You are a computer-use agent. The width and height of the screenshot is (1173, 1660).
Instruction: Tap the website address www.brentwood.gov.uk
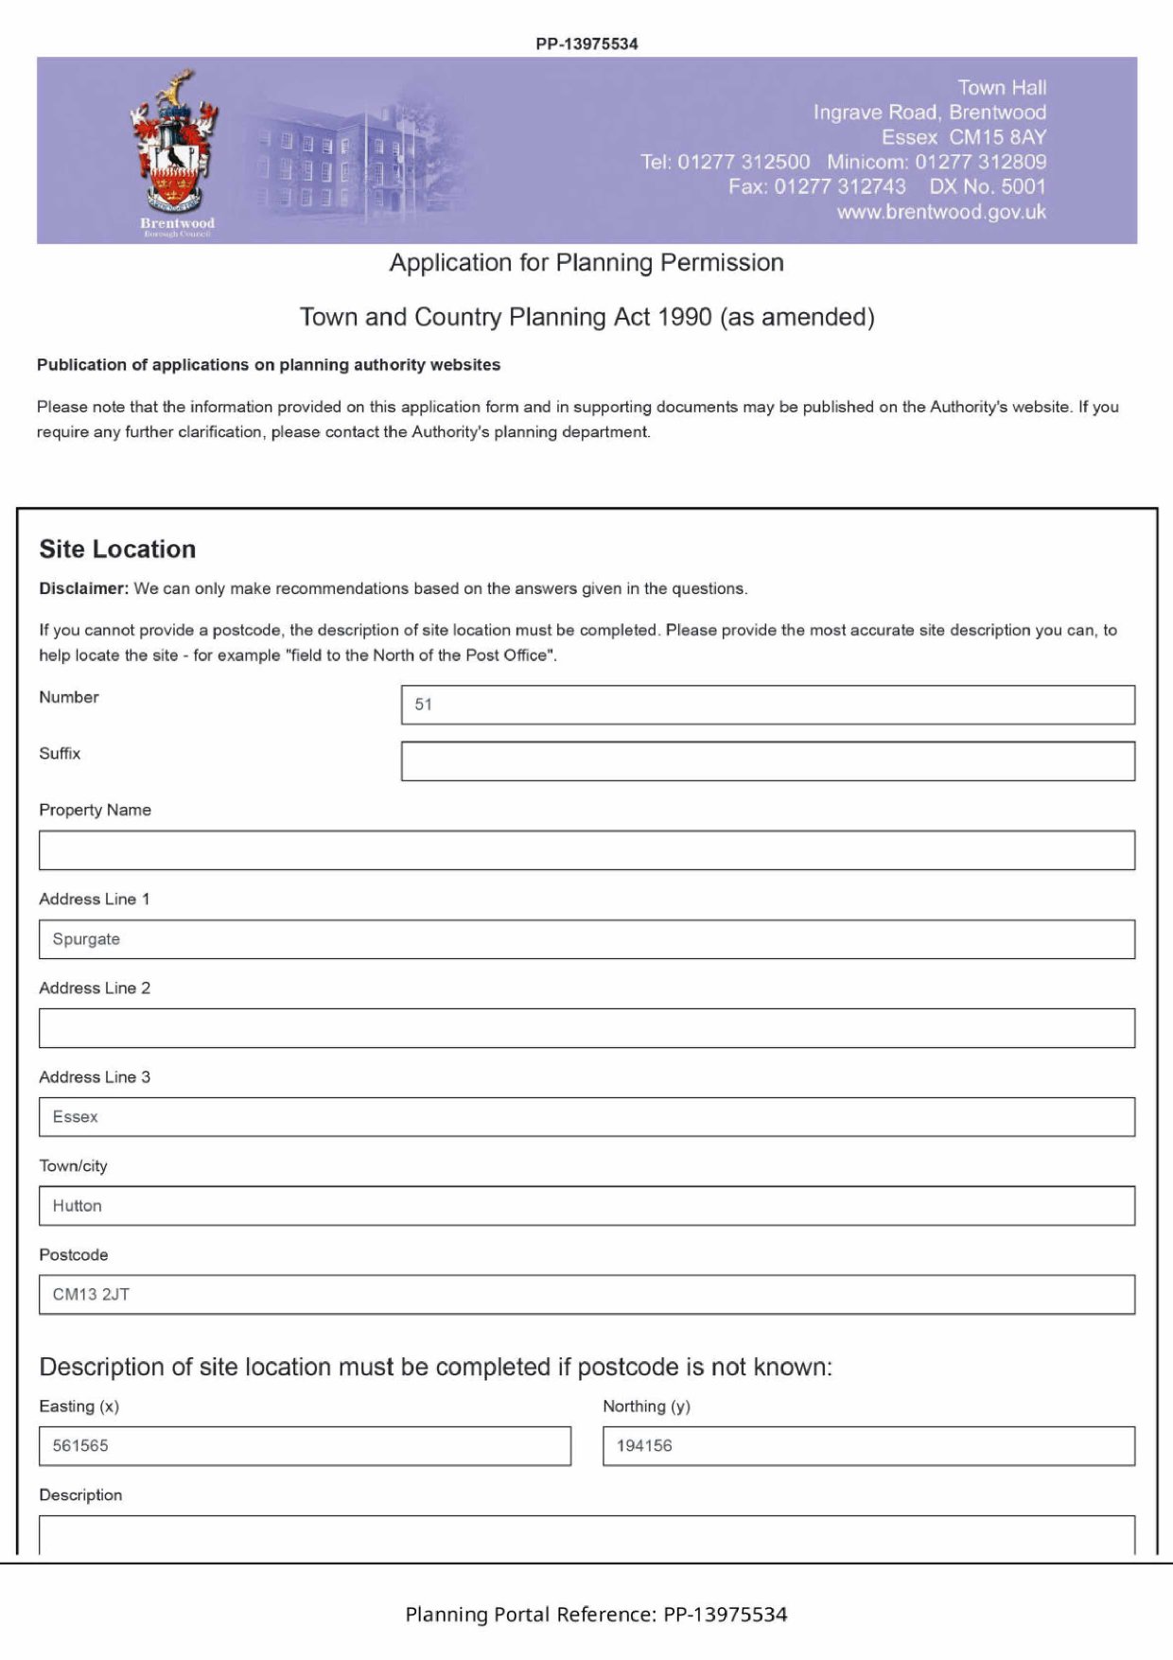point(941,212)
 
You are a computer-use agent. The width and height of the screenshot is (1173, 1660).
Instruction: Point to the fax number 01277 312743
point(840,186)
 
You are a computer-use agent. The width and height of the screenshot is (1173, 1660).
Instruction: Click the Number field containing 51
point(767,705)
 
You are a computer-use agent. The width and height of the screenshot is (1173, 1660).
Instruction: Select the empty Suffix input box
point(767,761)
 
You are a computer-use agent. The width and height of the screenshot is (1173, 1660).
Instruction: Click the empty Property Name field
point(586,850)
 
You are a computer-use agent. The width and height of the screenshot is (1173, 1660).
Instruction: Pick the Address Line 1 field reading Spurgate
point(586,939)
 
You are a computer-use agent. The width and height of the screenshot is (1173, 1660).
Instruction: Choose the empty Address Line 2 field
point(586,1028)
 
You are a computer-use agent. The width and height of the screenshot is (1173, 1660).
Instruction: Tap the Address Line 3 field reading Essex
point(586,1117)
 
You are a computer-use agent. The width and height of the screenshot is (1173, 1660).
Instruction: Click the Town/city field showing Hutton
point(586,1206)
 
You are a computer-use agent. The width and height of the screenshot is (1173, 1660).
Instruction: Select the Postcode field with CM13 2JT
point(586,1295)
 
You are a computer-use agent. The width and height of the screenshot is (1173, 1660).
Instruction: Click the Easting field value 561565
point(305,1446)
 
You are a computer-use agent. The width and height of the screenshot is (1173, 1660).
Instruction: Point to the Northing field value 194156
point(868,1446)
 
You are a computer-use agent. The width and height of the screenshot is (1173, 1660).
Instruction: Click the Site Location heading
point(117,550)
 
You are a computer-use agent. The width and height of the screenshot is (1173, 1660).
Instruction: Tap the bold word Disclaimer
point(83,588)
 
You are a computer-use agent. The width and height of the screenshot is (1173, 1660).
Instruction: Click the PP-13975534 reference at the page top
point(586,44)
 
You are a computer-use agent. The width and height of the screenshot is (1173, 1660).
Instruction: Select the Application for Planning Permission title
point(586,263)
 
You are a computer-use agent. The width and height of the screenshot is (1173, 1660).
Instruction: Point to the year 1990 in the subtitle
point(684,317)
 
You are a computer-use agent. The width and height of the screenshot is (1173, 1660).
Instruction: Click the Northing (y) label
point(646,1407)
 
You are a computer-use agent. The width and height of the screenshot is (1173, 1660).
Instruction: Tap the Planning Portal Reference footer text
point(596,1615)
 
